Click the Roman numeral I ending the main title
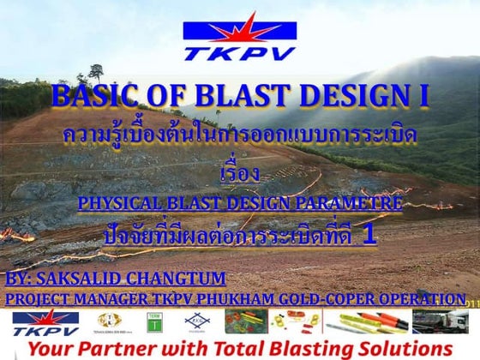point(423,97)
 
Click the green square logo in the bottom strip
point(154,321)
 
